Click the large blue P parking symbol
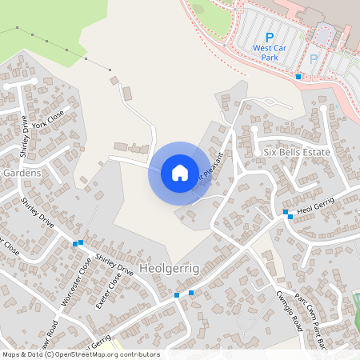click(270, 37)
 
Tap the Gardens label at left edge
click(21, 173)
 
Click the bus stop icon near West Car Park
click(298, 77)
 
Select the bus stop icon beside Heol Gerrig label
click(286, 212)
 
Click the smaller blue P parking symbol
click(314, 58)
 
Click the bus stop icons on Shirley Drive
click(78, 242)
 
